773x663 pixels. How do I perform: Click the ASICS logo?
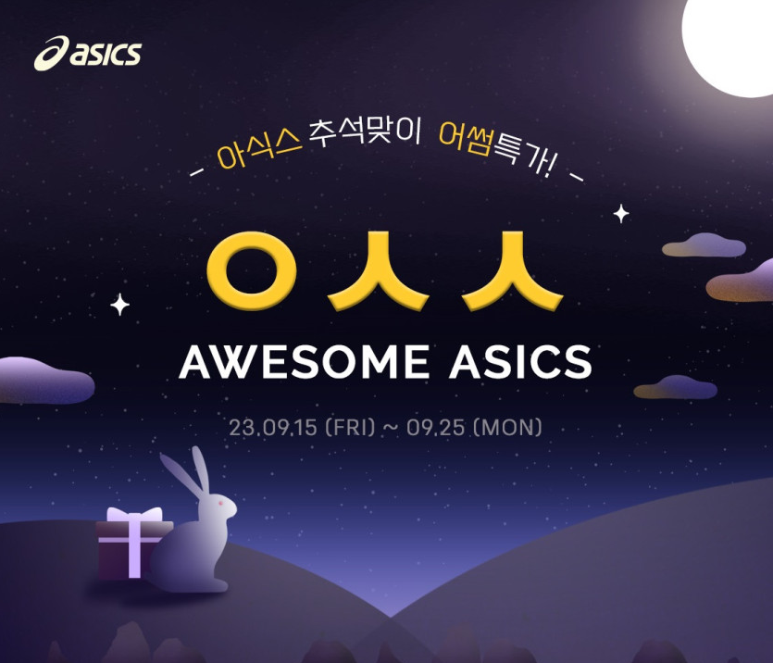(88, 53)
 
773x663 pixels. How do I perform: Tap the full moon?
(729, 44)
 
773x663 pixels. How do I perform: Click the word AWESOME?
(304, 362)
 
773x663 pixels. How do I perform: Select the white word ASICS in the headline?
(520, 362)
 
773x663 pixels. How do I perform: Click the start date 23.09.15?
(272, 428)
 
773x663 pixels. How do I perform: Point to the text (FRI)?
(351, 427)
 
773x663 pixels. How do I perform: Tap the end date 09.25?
(435, 428)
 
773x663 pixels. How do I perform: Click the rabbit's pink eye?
(220, 504)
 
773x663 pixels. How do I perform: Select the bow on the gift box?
(134, 515)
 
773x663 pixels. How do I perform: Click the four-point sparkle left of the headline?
(119, 305)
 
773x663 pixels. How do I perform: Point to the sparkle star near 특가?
(621, 214)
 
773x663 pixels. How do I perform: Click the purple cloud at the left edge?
(44, 380)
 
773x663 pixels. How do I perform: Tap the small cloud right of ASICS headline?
(676, 387)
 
